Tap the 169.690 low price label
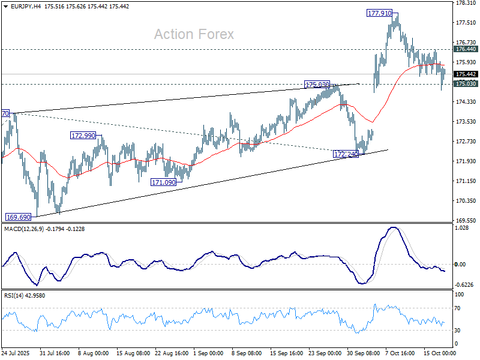pos(18,217)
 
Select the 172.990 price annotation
pos(83,136)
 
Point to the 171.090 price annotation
pos(163,182)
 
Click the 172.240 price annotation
pos(346,154)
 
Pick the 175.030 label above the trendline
pos(317,85)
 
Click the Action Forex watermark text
pos(194,34)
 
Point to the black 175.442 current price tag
pos(466,74)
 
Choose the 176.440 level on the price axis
pos(466,49)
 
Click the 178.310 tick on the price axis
pos(466,3)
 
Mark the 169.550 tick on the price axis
pos(466,220)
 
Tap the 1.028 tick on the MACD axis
pos(462,228)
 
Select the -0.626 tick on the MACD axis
pos(463,284)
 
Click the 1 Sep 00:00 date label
pos(212,354)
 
